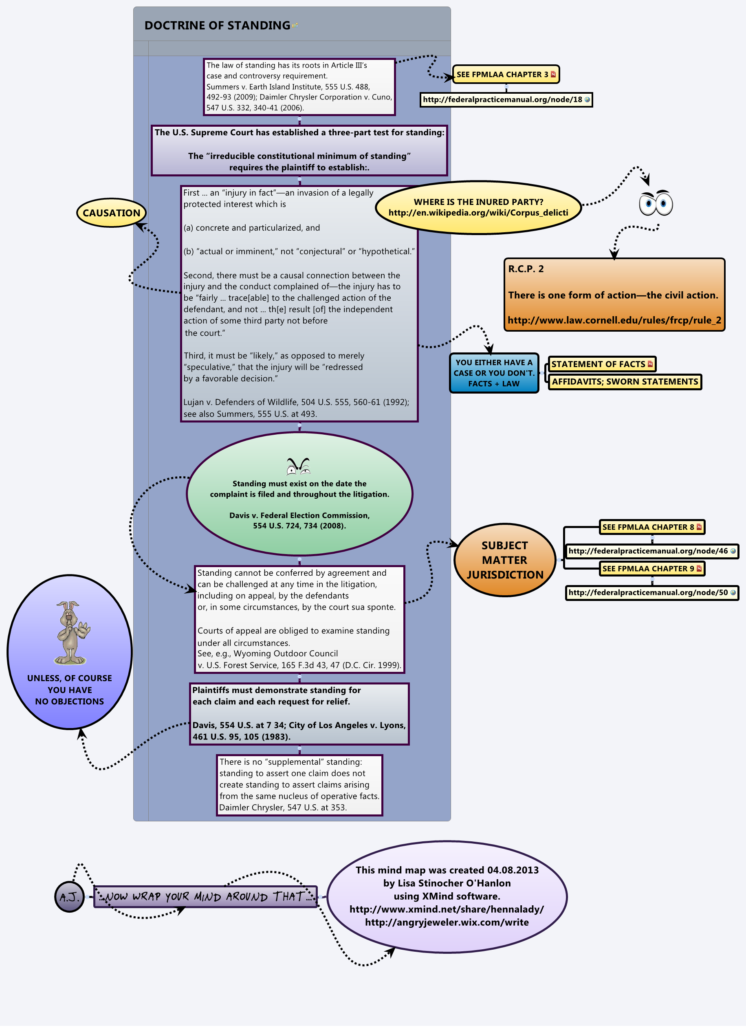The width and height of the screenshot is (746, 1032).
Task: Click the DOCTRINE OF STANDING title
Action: coord(217,26)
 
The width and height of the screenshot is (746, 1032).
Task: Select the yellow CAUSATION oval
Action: coord(112,213)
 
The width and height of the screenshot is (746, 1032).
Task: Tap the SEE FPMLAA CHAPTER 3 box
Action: coord(505,75)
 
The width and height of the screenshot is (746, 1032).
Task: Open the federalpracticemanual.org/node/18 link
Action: coord(505,100)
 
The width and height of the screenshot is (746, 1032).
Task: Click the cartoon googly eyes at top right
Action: coord(656,203)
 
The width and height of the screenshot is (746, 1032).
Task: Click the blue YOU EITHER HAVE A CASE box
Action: coord(494,373)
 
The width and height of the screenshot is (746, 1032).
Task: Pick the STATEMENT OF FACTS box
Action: coord(601,364)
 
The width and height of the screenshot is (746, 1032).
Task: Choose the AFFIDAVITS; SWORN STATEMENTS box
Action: coord(625,382)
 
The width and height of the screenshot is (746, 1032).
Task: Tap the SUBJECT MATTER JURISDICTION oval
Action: coord(505,560)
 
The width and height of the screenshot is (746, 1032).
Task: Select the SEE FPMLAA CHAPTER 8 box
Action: coord(651,527)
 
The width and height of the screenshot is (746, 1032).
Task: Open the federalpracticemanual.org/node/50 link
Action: coord(651,592)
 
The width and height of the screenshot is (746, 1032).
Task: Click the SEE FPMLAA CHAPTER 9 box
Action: coord(651,568)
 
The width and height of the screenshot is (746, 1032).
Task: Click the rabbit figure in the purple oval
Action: coord(71,632)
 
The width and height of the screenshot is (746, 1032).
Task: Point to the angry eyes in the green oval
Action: coord(298,466)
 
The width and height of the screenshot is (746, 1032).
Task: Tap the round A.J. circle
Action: coord(69,897)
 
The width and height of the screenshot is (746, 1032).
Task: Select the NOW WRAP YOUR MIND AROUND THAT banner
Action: coord(205,896)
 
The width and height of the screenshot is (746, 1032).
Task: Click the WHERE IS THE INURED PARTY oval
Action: coord(478,207)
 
